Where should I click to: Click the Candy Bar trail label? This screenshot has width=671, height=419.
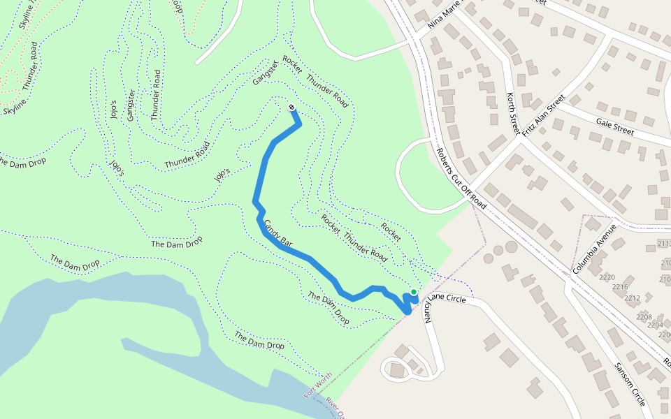coord(277,233)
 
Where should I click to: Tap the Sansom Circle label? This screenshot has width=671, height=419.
coord(629,385)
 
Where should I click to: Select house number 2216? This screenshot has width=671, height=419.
coord(620,287)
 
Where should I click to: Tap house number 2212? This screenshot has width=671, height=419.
coord(632,298)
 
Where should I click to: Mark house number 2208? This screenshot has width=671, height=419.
coord(644,316)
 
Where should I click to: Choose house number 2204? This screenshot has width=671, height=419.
coord(655,325)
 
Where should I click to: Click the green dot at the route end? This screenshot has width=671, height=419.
coord(414,292)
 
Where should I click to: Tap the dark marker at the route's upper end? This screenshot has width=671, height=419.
coord(291,107)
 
